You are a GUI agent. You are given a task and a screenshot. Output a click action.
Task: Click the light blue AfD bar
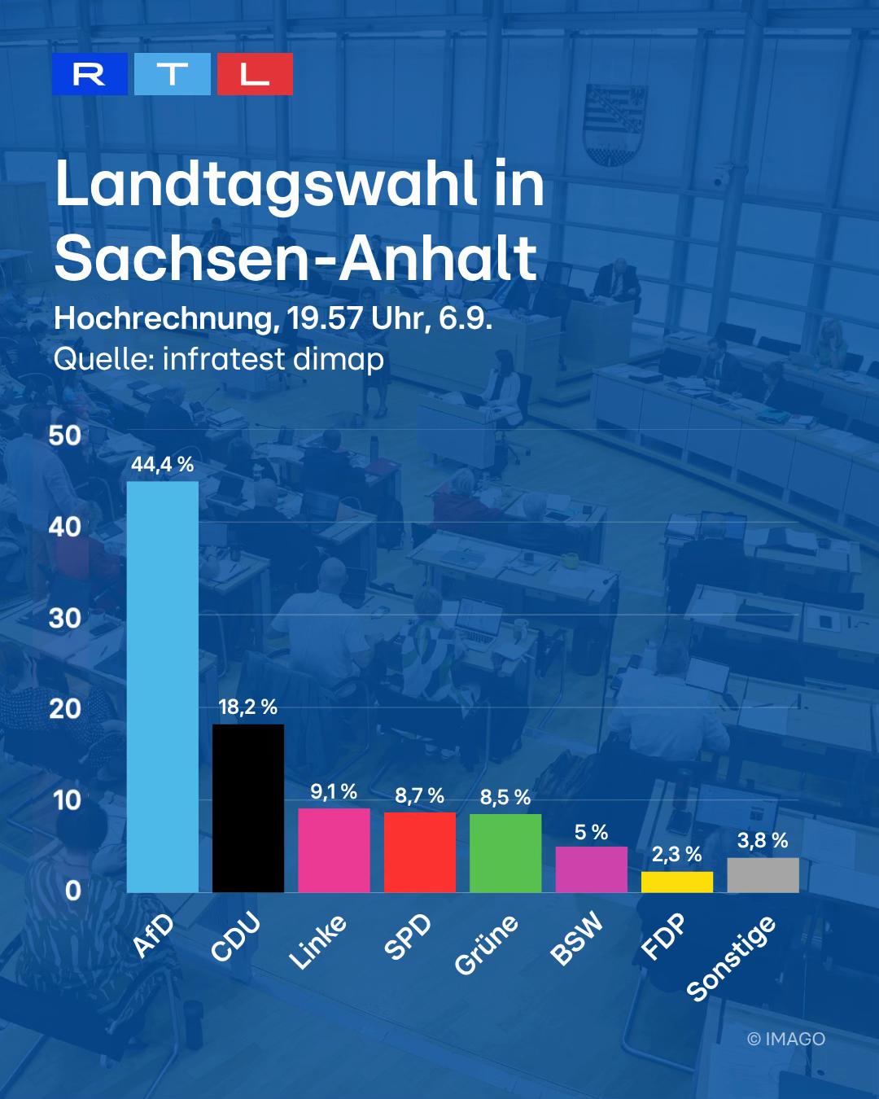163,687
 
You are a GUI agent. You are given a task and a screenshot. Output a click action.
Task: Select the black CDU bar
248,808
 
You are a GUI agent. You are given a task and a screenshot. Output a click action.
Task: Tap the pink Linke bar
334,850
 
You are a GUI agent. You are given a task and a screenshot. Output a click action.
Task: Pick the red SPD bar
420,852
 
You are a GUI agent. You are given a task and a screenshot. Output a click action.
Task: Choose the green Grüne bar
505,853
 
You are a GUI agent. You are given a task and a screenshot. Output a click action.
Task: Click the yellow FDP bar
677,882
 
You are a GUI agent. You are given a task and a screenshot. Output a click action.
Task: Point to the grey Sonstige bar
763,875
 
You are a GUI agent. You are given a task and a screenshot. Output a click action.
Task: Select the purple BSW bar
592,869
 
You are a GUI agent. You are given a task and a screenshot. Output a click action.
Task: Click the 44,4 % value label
163,465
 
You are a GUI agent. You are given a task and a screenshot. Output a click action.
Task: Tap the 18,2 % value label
248,707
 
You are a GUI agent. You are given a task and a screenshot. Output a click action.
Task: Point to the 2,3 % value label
677,855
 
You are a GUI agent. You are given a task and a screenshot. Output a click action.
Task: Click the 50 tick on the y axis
65,436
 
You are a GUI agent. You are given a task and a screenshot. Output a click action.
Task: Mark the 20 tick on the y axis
65,709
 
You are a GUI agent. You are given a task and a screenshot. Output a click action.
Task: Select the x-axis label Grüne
486,945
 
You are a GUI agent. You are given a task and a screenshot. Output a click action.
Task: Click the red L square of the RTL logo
255,74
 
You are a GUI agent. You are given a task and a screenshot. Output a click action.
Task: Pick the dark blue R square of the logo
90,74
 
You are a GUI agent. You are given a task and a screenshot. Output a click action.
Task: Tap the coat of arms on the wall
615,125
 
